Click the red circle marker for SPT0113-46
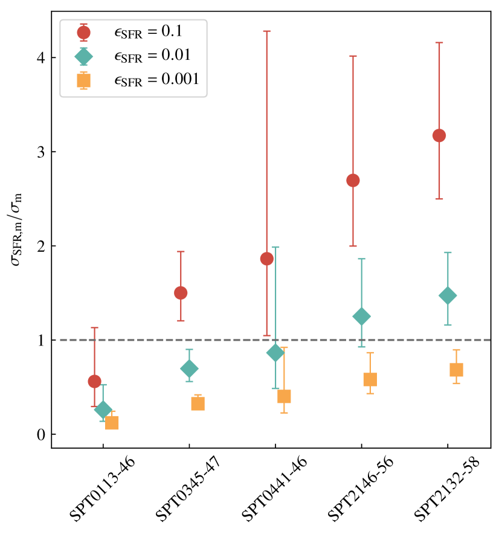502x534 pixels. coord(94,381)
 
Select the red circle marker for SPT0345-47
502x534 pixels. coord(181,293)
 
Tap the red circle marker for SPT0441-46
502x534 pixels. coord(266,259)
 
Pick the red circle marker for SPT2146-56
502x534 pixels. coord(353,180)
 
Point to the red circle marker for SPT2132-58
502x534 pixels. coord(439,135)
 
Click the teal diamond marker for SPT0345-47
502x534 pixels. coord(189,368)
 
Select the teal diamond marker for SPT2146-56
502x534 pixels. coord(362,316)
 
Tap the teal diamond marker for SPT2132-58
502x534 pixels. coord(448,295)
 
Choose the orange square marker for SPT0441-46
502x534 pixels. coord(284,396)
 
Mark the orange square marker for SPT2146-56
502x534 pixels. coord(370,379)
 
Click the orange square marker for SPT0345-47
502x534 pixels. coord(198,404)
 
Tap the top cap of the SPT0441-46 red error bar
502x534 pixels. coord(266,31)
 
